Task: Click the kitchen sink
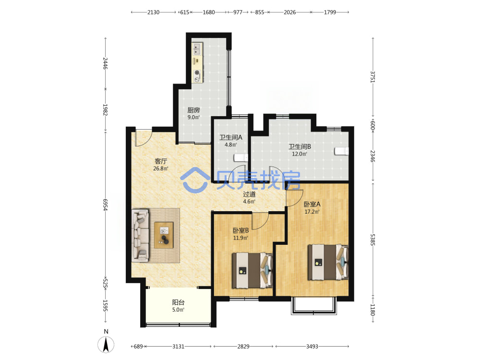click(197, 49)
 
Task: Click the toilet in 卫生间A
click(241, 157)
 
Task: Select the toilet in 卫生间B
click(341, 151)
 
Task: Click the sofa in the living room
click(140, 235)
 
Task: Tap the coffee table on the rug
click(164, 235)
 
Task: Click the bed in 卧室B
click(252, 270)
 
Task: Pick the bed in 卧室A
click(328, 262)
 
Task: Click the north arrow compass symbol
click(106, 344)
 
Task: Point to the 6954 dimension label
click(105, 204)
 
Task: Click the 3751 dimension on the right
click(372, 76)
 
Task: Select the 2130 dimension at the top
click(154, 12)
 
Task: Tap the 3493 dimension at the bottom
click(312, 346)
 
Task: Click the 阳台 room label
click(178, 302)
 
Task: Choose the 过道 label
click(249, 194)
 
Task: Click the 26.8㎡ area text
click(161, 168)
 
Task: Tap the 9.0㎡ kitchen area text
click(193, 117)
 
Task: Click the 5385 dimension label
click(372, 240)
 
